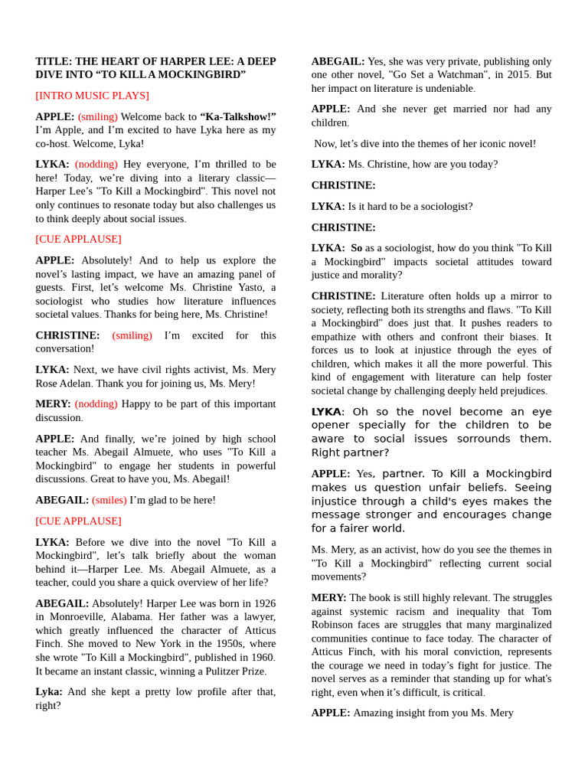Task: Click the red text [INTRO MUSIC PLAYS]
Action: click(92, 96)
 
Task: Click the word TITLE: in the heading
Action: click(54, 61)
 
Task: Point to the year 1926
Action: click(264, 603)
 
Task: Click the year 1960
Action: click(262, 657)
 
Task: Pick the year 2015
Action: click(499, 75)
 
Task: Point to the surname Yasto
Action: click(258, 287)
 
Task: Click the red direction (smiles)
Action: click(109, 500)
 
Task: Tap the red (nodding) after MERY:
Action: click(96, 404)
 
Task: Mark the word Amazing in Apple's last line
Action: click(374, 713)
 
